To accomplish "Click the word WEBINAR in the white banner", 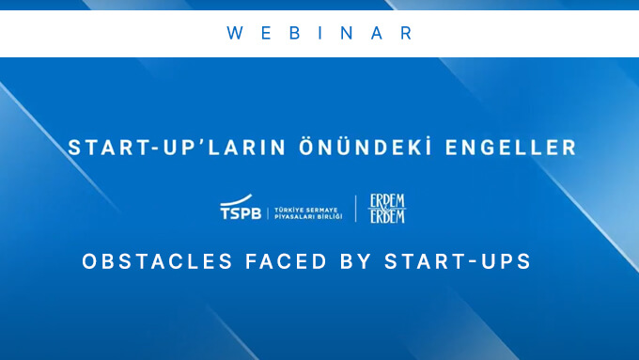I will [x=319, y=33].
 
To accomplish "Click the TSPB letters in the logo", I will [x=241, y=213].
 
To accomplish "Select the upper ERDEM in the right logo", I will [x=388, y=201].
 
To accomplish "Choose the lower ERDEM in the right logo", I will [x=388, y=217].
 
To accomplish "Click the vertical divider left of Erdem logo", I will [x=355, y=209].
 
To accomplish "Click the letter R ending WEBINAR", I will [x=405, y=33].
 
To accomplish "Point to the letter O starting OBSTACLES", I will [x=89, y=261].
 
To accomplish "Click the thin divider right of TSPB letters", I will [x=267, y=211].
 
